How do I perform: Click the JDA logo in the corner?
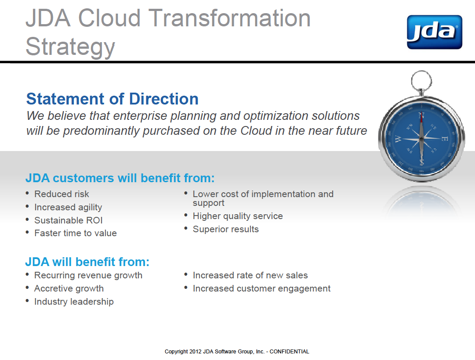[435, 32]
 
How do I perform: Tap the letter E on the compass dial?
[444, 139]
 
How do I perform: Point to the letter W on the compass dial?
[398, 139]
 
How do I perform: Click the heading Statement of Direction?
[112, 99]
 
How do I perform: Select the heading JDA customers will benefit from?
[120, 178]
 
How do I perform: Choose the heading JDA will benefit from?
[87, 262]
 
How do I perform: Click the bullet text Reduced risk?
[62, 194]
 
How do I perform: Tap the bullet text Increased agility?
[68, 207]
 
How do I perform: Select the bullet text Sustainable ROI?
[69, 220]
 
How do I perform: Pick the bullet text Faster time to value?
[76, 233]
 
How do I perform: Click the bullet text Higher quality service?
[238, 216]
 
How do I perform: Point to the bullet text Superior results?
[226, 229]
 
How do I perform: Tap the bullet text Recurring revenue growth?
[88, 276]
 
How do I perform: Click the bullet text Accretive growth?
[69, 288]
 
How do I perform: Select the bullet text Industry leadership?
[74, 302]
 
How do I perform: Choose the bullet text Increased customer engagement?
[261, 288]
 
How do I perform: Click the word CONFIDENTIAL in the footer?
[289, 352]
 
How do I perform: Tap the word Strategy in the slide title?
[70, 47]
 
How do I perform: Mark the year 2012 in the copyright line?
[196, 352]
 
